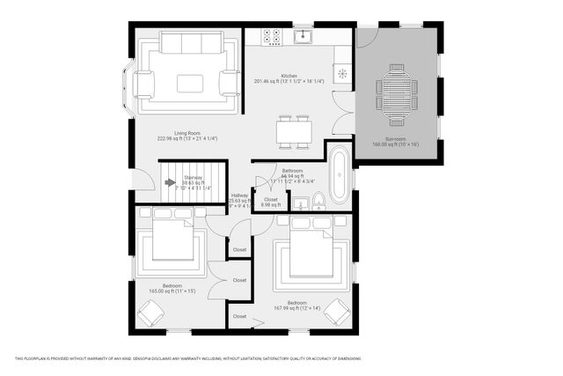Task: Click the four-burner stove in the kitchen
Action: point(271,37)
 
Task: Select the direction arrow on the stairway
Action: point(170,182)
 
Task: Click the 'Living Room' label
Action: point(186,133)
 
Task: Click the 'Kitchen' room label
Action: point(289,77)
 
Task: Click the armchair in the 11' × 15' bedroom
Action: point(153,313)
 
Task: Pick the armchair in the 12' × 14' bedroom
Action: point(337,311)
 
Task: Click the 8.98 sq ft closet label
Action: point(270,202)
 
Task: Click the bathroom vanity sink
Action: point(301,204)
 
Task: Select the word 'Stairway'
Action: point(193,177)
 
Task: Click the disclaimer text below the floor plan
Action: point(188,358)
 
